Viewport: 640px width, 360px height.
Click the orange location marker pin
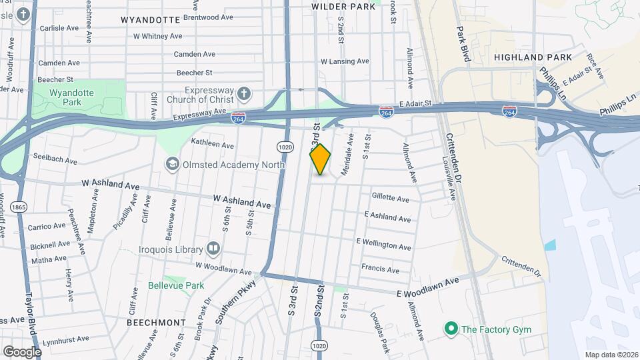click(x=320, y=159)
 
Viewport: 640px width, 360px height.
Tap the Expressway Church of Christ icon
click(x=245, y=94)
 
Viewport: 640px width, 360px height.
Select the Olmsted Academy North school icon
click(x=173, y=164)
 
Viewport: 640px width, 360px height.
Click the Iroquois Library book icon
click(x=213, y=249)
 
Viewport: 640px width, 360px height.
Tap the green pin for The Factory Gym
click(x=451, y=328)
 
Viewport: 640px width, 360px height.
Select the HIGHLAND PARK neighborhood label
click(x=533, y=57)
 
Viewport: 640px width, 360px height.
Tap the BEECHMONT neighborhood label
click(x=156, y=322)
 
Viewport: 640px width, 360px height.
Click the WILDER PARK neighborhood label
click(x=343, y=7)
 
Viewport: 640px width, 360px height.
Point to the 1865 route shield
click(x=19, y=206)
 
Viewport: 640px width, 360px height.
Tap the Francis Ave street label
click(x=380, y=269)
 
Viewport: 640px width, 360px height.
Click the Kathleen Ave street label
click(x=213, y=144)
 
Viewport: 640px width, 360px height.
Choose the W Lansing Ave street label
click(x=345, y=61)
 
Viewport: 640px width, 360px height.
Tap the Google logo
click(x=22, y=351)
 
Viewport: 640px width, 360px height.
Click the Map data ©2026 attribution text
click(x=611, y=355)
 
